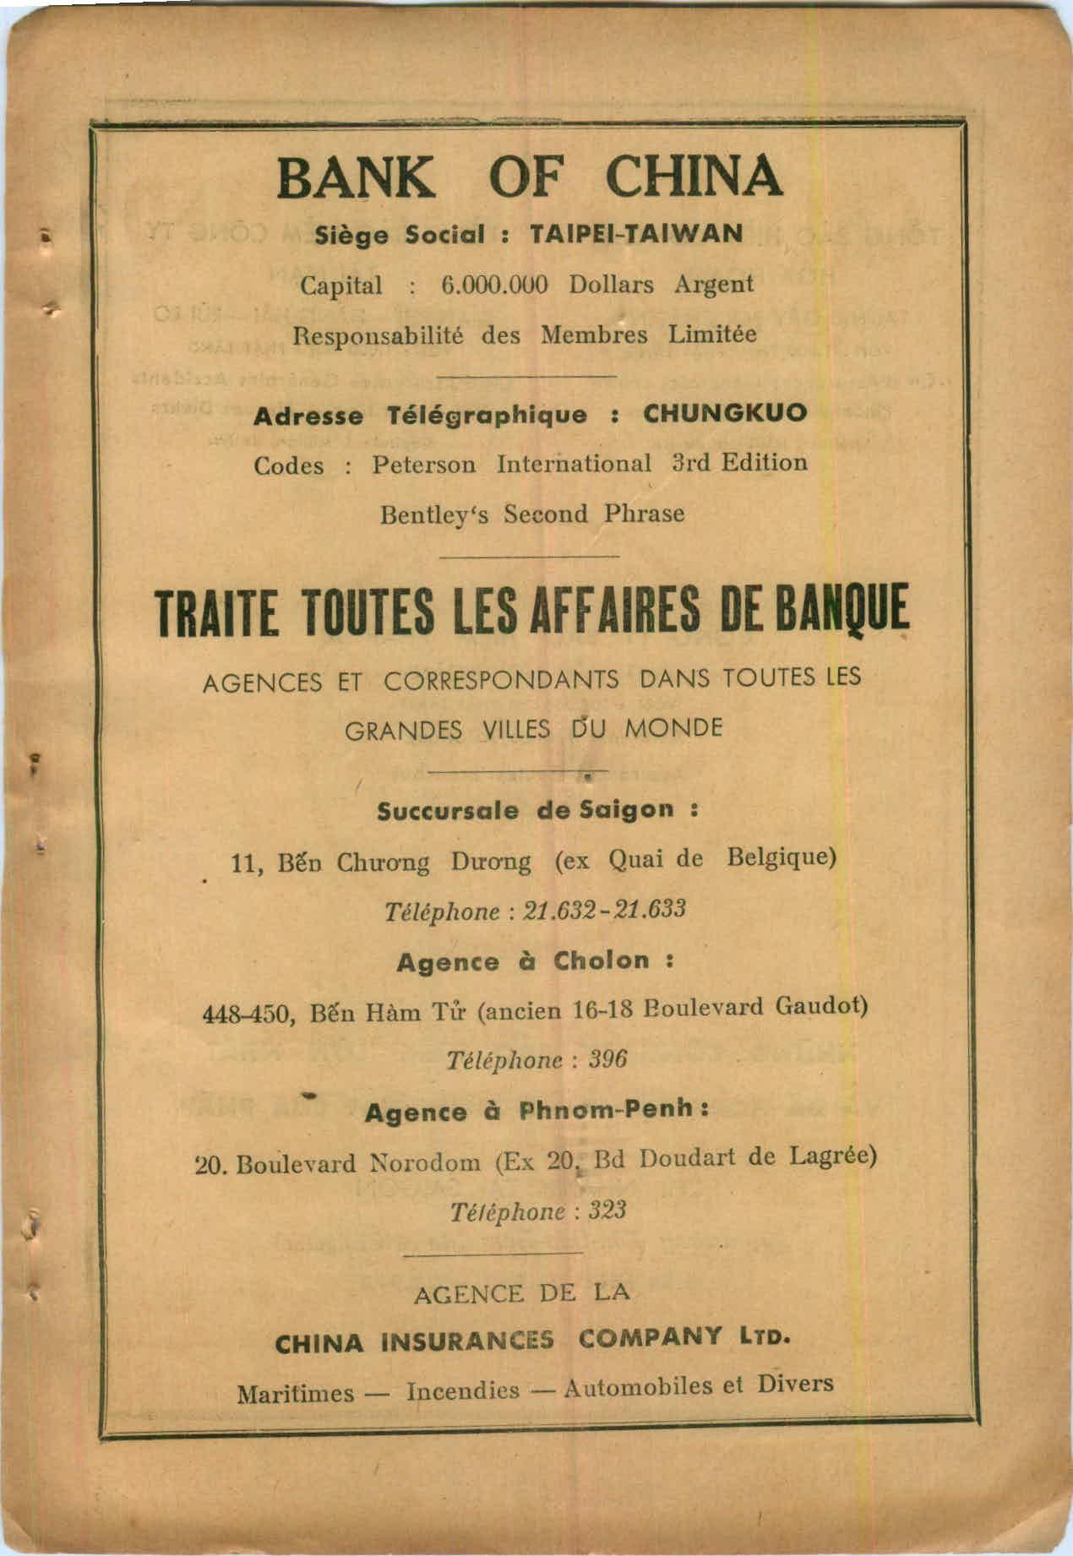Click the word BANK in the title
(x=356, y=177)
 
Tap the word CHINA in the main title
(x=694, y=177)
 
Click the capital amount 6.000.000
(x=495, y=285)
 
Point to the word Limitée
(x=712, y=335)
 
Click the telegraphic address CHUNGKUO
(x=725, y=414)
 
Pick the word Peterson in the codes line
(x=423, y=465)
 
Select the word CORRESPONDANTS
(x=502, y=681)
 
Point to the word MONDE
(x=673, y=728)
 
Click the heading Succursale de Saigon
(x=537, y=811)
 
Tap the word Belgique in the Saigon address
(x=782, y=858)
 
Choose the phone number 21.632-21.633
(x=605, y=911)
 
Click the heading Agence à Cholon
(x=535, y=961)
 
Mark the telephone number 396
(x=608, y=1059)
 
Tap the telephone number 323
(x=607, y=1211)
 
